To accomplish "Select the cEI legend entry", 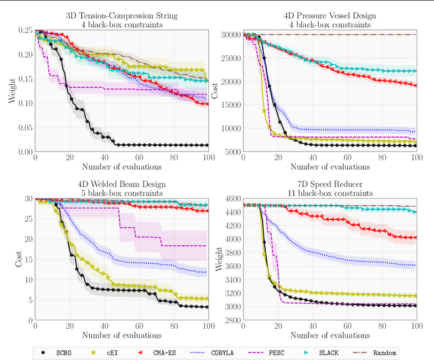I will click(x=113, y=352).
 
